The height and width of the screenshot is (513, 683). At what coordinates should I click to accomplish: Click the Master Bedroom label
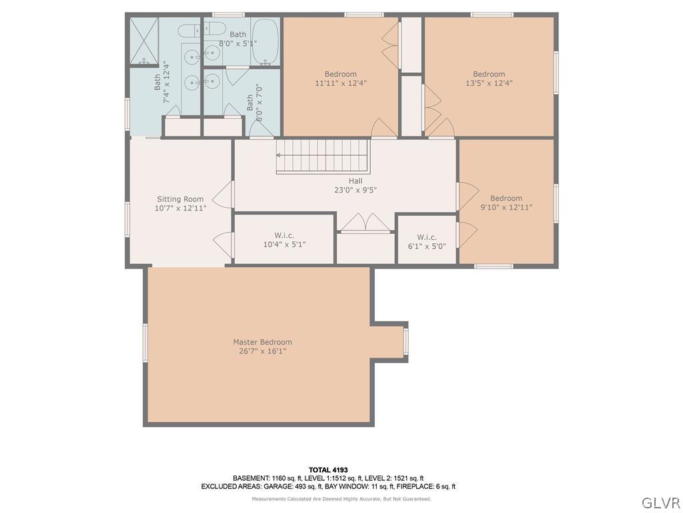click(x=262, y=342)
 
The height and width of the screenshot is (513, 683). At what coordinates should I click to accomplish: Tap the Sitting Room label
click(x=180, y=199)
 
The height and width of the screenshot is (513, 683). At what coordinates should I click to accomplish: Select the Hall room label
click(x=356, y=180)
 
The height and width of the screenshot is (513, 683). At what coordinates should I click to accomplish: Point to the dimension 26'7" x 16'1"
click(x=262, y=351)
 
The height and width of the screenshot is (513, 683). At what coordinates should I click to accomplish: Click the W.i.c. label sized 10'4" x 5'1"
click(x=284, y=235)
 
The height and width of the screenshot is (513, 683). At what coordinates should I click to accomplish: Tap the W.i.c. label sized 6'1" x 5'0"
click(x=427, y=237)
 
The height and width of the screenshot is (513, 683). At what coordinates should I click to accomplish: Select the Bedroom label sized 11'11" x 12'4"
click(x=340, y=74)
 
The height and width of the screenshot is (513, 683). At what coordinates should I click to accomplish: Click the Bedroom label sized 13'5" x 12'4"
click(x=489, y=74)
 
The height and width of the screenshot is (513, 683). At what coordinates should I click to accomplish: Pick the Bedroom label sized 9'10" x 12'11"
click(x=506, y=198)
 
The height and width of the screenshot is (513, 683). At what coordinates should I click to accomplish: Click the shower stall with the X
click(x=144, y=41)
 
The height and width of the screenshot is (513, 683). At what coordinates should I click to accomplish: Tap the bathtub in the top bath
click(x=265, y=41)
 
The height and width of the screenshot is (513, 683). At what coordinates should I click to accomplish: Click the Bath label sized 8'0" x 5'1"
click(x=237, y=34)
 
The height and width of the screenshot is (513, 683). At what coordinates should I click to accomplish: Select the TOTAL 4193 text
click(x=328, y=470)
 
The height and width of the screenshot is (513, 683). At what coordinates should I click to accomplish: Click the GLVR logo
click(x=660, y=502)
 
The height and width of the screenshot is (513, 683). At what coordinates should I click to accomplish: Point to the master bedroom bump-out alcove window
click(x=406, y=341)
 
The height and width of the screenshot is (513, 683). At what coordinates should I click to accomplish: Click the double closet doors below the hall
click(x=365, y=223)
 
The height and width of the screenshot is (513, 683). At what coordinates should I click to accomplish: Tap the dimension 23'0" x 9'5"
click(x=356, y=190)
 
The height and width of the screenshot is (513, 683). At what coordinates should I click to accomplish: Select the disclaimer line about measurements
click(x=341, y=499)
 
